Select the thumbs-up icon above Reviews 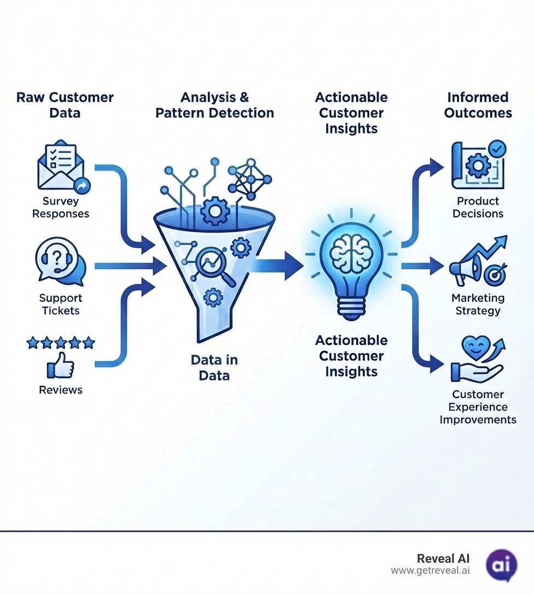(x=60, y=365)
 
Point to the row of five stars (x=60, y=343)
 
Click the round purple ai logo (x=501, y=565)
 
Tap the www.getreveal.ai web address (x=430, y=571)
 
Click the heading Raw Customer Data (x=65, y=105)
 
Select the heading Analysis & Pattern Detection (x=214, y=105)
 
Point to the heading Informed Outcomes (x=478, y=105)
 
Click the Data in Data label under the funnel (x=214, y=367)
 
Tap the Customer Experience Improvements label (x=478, y=407)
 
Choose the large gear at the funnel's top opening (x=214, y=211)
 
